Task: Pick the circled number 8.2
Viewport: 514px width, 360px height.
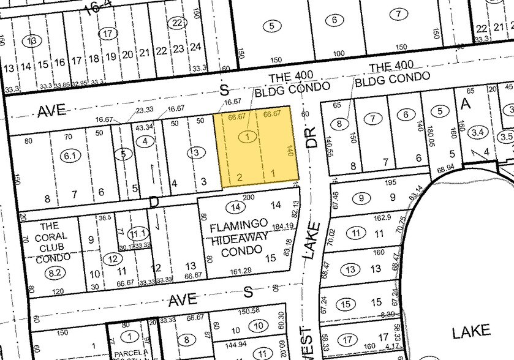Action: [x=56, y=273]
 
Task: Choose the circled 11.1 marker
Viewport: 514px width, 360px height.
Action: [x=138, y=233]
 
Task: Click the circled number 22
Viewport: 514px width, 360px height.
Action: [x=178, y=23]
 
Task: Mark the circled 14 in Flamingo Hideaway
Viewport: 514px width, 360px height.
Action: [x=233, y=206]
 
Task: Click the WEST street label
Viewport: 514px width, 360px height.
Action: [x=307, y=343]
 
